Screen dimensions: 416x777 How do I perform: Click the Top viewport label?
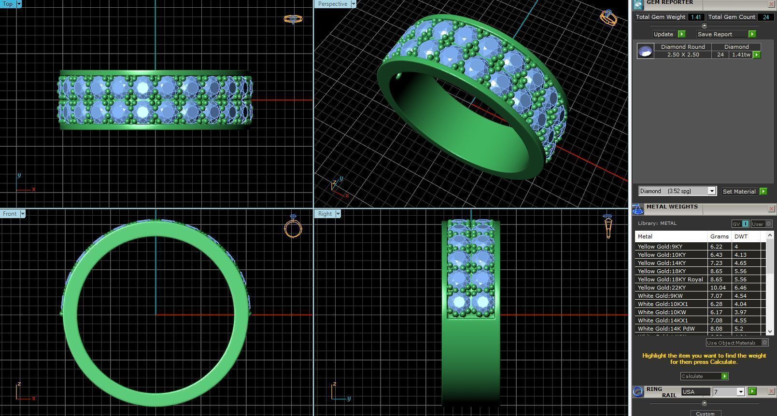coord(8,4)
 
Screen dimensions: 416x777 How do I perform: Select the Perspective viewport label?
coord(332,4)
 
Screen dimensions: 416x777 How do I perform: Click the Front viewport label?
coord(9,214)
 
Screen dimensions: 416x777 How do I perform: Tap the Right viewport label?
coord(325,214)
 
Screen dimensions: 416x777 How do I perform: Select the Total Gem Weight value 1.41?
coord(695,17)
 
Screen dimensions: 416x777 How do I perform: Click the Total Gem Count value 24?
coord(765,17)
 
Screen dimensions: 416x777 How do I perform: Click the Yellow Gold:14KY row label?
coord(662,263)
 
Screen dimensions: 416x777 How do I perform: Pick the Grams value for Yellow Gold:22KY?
coord(718,288)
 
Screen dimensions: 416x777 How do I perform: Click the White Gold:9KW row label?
coord(660,296)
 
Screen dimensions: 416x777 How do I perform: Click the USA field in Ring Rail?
coord(695,392)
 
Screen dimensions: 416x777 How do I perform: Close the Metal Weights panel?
coord(771,208)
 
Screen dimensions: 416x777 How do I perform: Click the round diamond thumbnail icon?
coord(645,51)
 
